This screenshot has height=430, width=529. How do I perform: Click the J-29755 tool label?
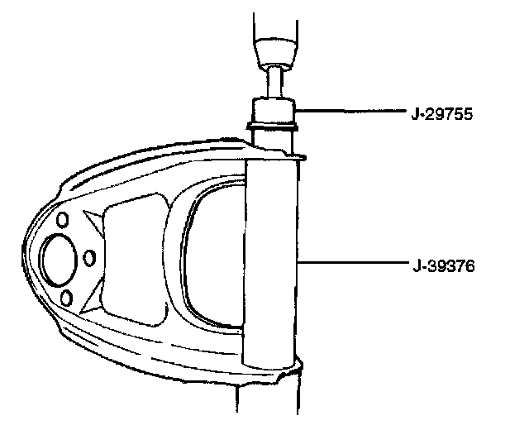(x=442, y=114)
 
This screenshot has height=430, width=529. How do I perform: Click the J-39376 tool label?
(x=444, y=266)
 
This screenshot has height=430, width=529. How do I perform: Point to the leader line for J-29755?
(x=350, y=110)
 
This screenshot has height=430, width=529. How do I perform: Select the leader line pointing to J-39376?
(x=352, y=262)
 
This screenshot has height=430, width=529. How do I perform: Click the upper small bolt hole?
(x=62, y=220)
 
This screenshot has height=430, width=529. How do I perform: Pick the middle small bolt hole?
(x=89, y=258)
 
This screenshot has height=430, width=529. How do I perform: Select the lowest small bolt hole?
(x=66, y=298)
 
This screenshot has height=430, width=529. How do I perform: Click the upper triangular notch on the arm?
(x=94, y=222)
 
